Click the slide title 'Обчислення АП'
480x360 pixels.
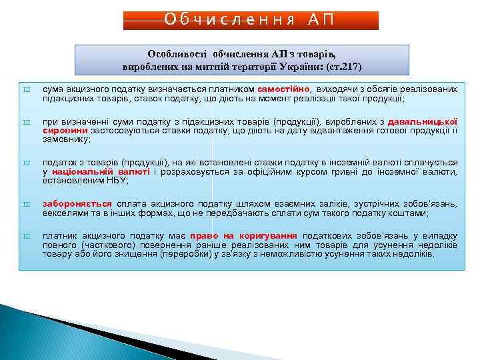pos(250,19)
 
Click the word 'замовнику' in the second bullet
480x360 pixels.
pos(65,139)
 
